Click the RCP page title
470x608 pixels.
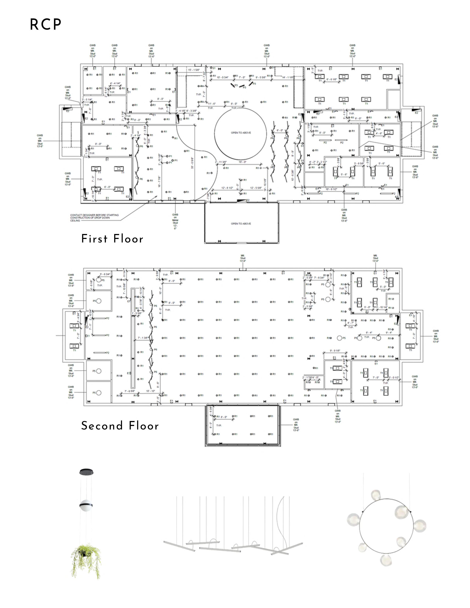coord(45,25)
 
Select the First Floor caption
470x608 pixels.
coord(112,239)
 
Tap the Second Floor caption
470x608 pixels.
coord(120,426)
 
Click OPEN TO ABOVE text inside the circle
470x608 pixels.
coord(241,133)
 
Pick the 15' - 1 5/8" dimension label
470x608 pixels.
coord(194,70)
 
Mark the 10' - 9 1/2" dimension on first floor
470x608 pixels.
coord(331,189)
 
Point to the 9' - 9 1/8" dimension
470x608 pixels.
coord(335,350)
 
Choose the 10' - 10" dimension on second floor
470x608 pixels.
coord(150,391)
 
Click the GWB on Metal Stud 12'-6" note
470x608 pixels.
coord(175,221)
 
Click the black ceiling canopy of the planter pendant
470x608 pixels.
coord(87,472)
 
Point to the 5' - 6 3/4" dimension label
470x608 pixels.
coord(105,274)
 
